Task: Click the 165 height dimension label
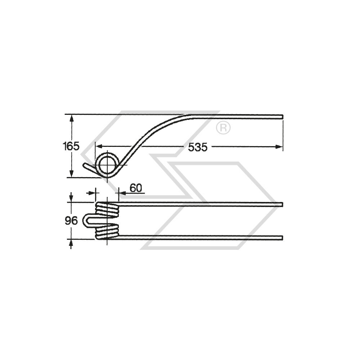coord(71,147)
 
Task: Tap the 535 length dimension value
coord(198,147)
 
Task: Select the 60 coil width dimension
coord(136,188)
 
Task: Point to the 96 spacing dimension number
coord(71,221)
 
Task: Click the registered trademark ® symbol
coord(223,128)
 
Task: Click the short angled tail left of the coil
coord(89,168)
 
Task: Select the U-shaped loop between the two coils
coord(86,221)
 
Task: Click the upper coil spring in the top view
coord(107,209)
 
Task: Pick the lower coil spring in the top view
coord(107,231)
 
